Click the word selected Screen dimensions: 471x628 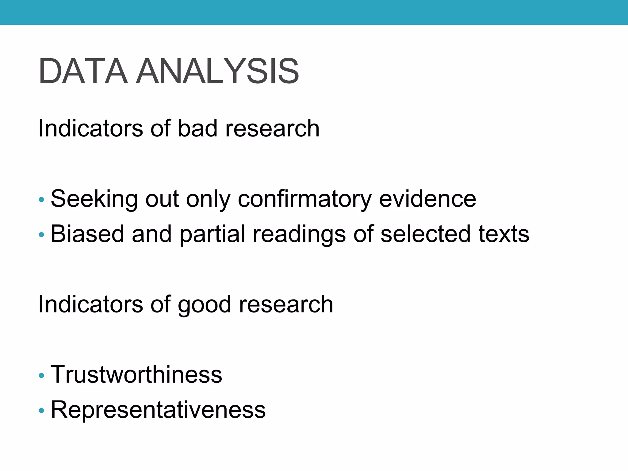425,234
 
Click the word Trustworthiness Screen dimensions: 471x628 136,374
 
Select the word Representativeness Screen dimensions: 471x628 158,410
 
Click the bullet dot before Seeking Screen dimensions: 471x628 41,200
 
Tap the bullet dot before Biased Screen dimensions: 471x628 41,235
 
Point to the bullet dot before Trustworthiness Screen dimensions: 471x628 41,375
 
